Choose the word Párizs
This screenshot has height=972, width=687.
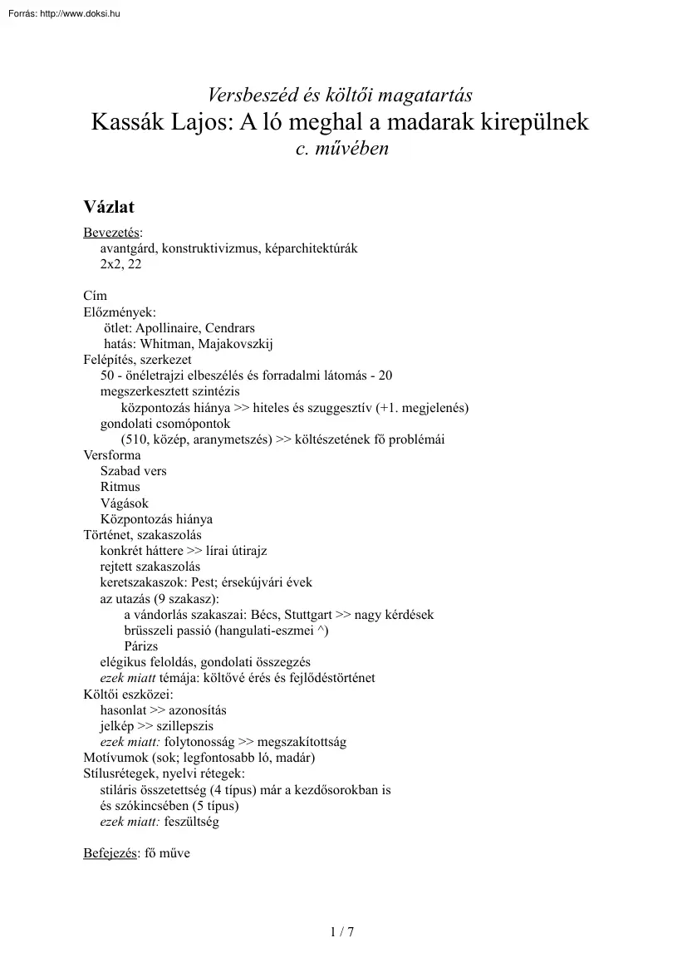click(141, 646)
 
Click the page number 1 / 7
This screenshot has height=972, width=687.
click(342, 931)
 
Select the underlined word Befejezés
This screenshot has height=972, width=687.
click(110, 853)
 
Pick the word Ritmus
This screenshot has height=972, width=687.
click(120, 487)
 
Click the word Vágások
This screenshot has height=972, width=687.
click(125, 503)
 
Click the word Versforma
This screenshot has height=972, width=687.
click(112, 455)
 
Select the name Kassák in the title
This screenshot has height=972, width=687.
click(129, 123)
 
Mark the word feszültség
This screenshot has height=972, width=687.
click(193, 822)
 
